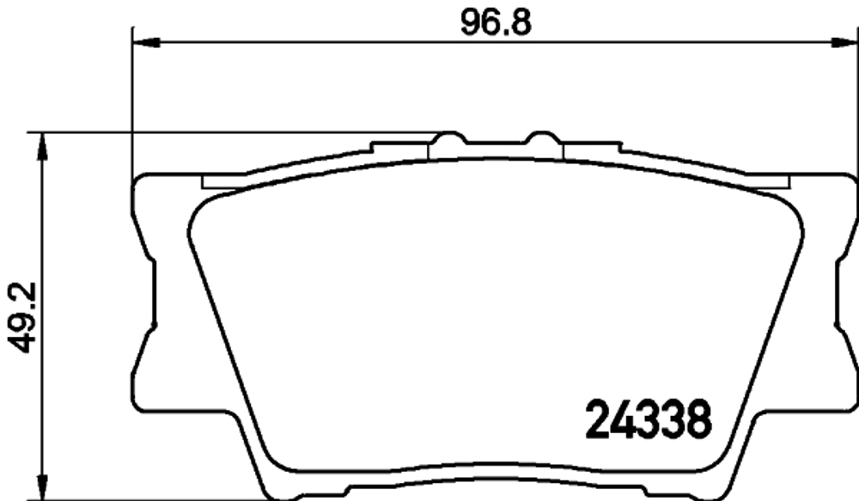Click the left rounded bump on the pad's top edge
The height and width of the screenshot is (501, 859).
447,139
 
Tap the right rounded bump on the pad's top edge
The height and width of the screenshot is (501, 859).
543,139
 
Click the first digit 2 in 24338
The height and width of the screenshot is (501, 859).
600,419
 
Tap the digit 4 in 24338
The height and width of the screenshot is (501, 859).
624,419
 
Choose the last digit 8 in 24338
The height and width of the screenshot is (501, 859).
699,419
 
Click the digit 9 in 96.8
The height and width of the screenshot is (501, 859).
472,21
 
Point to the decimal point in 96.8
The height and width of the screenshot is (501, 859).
506,30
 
